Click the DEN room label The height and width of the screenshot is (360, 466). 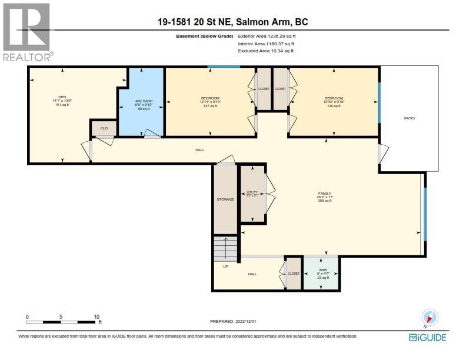pyautogui.click(x=62, y=97)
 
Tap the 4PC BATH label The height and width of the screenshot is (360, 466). pyautogui.click(x=144, y=101)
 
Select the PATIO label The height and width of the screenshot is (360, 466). pyautogui.click(x=409, y=118)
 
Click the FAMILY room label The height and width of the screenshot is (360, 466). pyautogui.click(x=325, y=194)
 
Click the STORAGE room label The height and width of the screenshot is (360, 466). pyautogui.click(x=225, y=199)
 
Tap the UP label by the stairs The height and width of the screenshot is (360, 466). pyautogui.click(x=225, y=266)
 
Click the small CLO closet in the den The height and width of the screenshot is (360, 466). pyautogui.click(x=104, y=128)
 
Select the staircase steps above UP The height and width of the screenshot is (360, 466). pyautogui.click(x=226, y=248)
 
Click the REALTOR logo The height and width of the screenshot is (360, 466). pyautogui.click(x=27, y=32)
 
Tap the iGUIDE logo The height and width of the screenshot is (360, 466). pyautogui.click(x=427, y=337)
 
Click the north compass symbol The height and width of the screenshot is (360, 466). pyautogui.click(x=431, y=318)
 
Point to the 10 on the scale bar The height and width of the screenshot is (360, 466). pyautogui.click(x=96, y=316)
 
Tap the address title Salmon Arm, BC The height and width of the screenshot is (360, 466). pyautogui.click(x=233, y=22)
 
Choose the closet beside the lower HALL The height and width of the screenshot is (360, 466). pyautogui.click(x=294, y=274)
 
